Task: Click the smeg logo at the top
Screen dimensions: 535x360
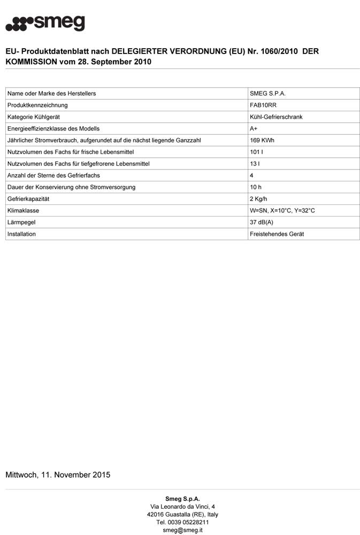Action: (x=45, y=23)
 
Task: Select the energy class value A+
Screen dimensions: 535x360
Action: (x=254, y=129)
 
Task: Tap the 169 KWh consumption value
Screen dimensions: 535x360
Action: (x=263, y=141)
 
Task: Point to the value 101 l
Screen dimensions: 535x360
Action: (x=256, y=152)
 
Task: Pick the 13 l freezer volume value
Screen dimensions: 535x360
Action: (x=255, y=164)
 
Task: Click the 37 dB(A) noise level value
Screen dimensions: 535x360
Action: (x=262, y=223)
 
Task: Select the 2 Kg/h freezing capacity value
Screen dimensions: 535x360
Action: (x=259, y=199)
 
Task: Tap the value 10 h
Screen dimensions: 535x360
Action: (x=256, y=187)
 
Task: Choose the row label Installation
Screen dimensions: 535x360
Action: (x=22, y=234)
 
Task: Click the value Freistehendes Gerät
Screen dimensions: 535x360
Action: (x=277, y=234)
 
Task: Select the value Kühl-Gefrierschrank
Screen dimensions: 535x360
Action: (x=276, y=117)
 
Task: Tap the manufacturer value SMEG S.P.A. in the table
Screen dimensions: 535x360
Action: (x=268, y=94)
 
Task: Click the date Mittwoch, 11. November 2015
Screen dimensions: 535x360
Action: (x=58, y=475)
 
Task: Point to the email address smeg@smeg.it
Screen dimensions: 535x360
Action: (x=182, y=530)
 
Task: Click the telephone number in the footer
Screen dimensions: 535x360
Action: (x=182, y=522)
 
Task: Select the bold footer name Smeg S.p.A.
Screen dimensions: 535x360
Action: (x=182, y=499)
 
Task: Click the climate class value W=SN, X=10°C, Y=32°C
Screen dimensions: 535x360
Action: (x=282, y=211)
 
